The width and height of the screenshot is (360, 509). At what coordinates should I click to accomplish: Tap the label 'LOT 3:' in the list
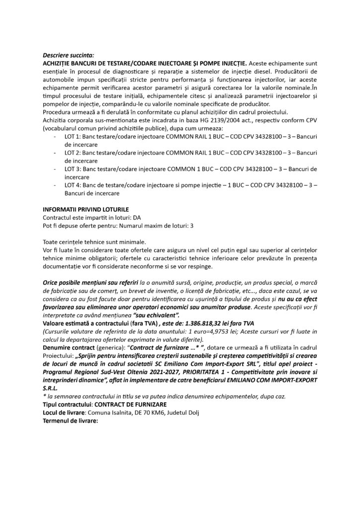point(75,170)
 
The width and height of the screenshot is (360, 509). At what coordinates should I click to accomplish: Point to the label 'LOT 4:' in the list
point(75,185)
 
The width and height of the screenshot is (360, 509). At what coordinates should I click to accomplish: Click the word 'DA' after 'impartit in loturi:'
point(131,218)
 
